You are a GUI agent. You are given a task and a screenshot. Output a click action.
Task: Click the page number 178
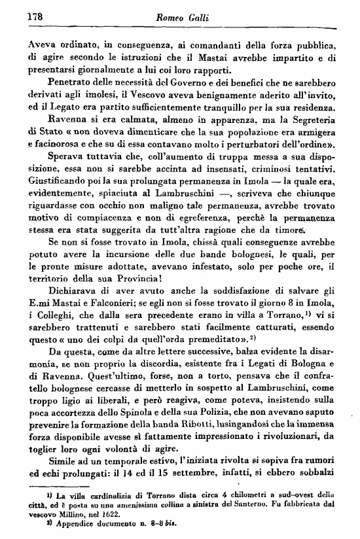(x=16, y=18)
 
